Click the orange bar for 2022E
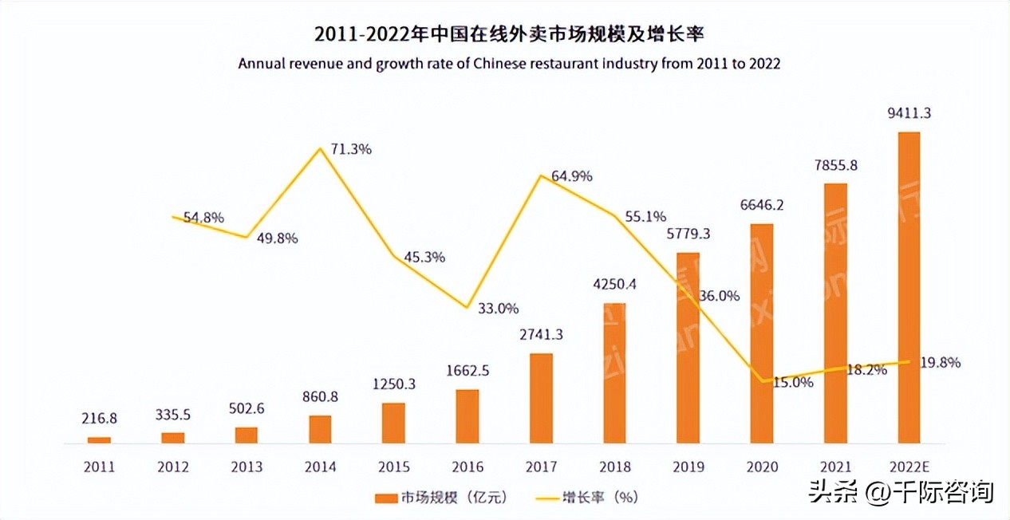[x=909, y=287]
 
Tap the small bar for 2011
[x=99, y=439]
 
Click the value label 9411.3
[x=909, y=114]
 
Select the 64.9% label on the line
[x=571, y=175]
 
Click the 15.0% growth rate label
[x=792, y=382]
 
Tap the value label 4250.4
[x=614, y=284]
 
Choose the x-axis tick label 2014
[x=320, y=467]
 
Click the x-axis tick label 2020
[x=761, y=467]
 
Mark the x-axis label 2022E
[x=909, y=467]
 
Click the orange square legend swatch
[x=385, y=498]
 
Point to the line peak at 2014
[x=320, y=148]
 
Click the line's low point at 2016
[x=467, y=308]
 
